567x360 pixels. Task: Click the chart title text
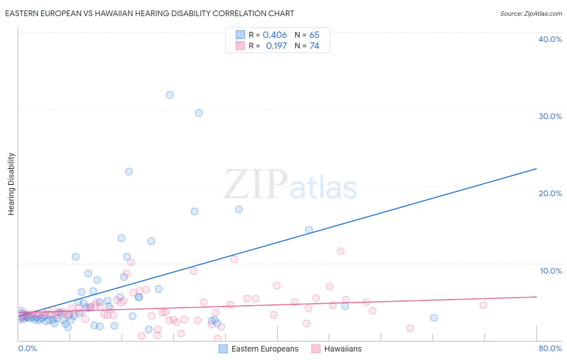coord(150,13)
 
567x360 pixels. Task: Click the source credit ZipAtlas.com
coord(531,13)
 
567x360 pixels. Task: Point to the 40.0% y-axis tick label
coord(550,39)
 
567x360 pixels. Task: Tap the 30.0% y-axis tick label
coord(550,116)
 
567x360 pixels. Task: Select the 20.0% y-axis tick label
coord(550,193)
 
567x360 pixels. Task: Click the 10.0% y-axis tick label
coord(550,271)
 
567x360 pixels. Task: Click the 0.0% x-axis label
coord(27,348)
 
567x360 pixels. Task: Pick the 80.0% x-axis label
coord(550,348)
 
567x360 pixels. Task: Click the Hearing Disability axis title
coord(11,184)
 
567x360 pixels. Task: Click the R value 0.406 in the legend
coord(275,35)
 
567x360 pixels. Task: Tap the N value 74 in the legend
coord(314,46)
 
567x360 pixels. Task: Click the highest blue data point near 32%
coord(170,95)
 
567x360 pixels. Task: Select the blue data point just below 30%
coord(199,113)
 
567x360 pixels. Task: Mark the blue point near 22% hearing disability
coord(129,172)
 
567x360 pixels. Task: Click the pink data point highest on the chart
coord(341,251)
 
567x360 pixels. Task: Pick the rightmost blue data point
coord(434,318)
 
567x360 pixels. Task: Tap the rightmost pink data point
coord(483,305)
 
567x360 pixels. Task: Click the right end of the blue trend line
coord(536,169)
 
